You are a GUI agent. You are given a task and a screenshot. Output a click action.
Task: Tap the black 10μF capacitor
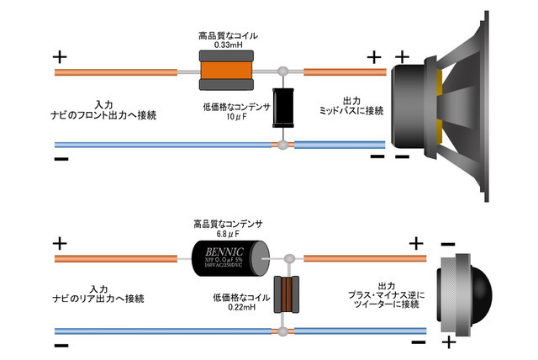pos(282,107)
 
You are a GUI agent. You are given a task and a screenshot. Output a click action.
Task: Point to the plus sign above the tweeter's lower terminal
pos(450,341)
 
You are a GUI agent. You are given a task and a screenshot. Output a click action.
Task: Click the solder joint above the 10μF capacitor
pos(285,72)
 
